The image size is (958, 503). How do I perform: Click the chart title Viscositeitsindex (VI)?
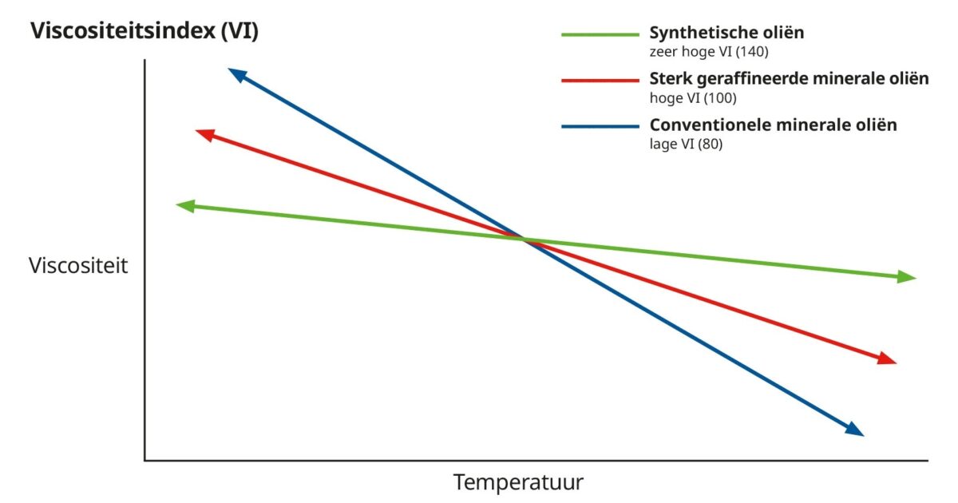(144, 32)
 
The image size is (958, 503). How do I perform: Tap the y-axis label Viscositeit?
(78, 266)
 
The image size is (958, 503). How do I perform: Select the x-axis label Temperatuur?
(519, 482)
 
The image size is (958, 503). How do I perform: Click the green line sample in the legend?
(600, 35)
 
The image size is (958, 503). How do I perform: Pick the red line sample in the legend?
(600, 80)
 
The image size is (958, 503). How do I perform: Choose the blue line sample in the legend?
(600, 126)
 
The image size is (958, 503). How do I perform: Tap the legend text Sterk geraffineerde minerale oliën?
(790, 79)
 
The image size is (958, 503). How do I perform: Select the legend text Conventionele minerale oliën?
(773, 125)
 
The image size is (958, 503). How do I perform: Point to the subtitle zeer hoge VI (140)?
(710, 53)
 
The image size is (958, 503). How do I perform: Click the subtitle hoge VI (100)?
(693, 98)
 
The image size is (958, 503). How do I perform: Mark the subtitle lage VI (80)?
(687, 145)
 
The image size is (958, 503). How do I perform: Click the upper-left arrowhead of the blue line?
(236, 74)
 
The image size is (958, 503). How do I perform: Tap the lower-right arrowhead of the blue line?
(855, 430)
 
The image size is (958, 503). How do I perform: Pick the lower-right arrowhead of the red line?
(888, 359)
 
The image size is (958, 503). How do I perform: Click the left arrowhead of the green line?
(184, 206)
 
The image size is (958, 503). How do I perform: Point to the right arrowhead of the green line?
(907, 277)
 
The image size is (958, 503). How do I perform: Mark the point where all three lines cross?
(524, 239)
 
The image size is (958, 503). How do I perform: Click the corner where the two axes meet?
(145, 460)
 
